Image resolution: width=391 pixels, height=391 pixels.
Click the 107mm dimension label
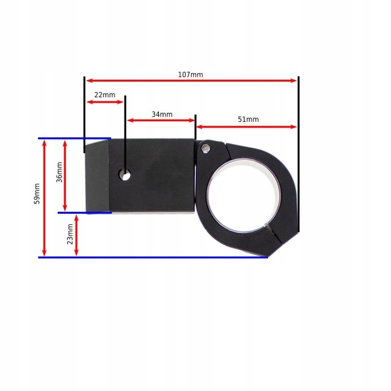(191, 75)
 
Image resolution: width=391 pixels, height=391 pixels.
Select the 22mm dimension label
(104, 95)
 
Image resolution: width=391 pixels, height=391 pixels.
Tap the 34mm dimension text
(161, 115)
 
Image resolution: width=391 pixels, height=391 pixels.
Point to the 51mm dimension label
(248, 119)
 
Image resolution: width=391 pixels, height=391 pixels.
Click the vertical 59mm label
(37, 193)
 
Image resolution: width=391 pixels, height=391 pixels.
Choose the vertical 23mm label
(70, 234)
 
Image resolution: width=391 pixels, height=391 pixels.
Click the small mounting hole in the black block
(126, 175)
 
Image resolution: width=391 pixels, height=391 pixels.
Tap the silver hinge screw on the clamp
(207, 148)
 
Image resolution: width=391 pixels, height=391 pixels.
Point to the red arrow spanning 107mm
(191, 80)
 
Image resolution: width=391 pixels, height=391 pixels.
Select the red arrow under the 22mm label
(105, 102)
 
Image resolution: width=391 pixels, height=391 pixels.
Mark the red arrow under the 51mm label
(246, 127)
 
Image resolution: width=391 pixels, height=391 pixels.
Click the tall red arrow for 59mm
(45, 198)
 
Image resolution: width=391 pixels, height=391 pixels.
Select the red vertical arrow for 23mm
(76, 235)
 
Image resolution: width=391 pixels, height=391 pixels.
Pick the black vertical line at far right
(299, 154)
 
